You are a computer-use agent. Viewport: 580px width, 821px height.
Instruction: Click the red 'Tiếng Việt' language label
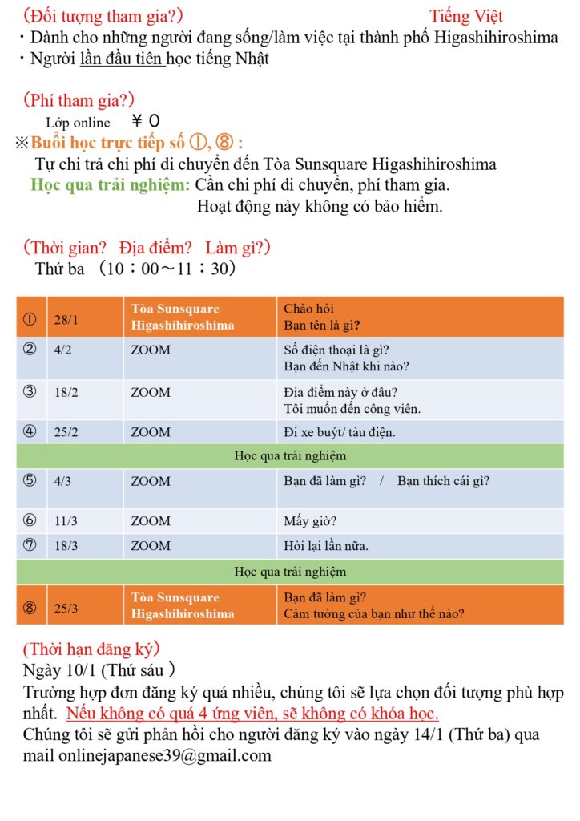click(x=465, y=16)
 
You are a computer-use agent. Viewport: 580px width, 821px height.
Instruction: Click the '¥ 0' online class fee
click(x=145, y=122)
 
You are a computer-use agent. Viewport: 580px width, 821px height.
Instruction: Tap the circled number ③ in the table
click(x=30, y=392)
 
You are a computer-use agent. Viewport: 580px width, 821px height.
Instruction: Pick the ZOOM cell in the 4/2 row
click(x=151, y=350)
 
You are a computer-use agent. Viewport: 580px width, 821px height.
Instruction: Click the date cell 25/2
click(x=66, y=432)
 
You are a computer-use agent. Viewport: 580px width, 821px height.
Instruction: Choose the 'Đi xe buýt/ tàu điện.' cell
click(x=340, y=432)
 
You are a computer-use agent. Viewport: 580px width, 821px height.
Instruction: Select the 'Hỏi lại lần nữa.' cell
click(x=326, y=546)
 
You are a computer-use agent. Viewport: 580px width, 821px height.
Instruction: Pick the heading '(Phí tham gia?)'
click(x=79, y=99)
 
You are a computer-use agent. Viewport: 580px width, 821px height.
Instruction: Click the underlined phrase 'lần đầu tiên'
click(x=123, y=59)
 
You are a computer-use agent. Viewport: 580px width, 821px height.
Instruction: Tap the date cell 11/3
click(x=66, y=521)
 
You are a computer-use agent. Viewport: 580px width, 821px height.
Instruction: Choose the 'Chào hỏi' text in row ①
click(x=309, y=309)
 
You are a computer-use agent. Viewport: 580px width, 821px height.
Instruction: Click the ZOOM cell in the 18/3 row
click(x=151, y=546)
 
